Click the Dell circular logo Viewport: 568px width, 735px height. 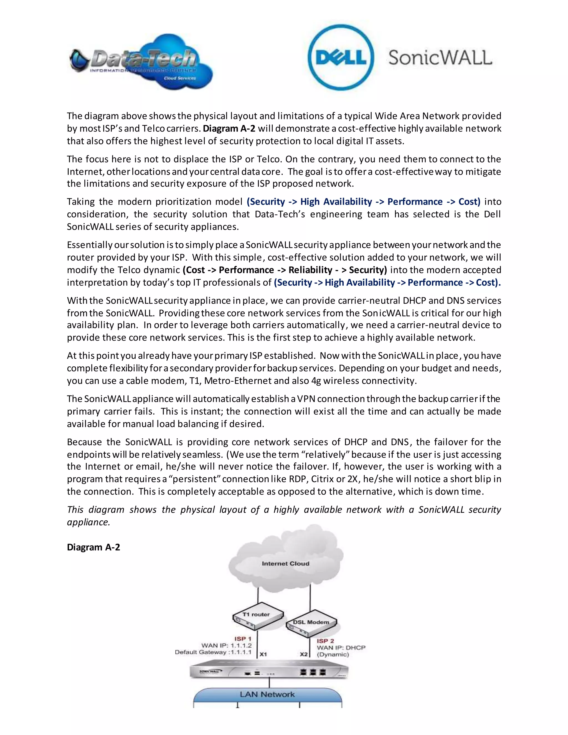coord(341,57)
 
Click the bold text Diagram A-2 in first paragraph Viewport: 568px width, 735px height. coord(229,129)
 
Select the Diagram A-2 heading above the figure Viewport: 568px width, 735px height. coord(93,547)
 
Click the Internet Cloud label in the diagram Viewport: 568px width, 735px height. coord(285,563)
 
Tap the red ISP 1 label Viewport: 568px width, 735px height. coord(243,638)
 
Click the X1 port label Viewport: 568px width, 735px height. coord(263,654)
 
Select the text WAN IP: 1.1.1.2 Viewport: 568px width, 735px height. coord(227,645)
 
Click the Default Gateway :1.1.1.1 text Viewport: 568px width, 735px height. coord(213,652)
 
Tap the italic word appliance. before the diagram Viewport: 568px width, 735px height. coord(88,522)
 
